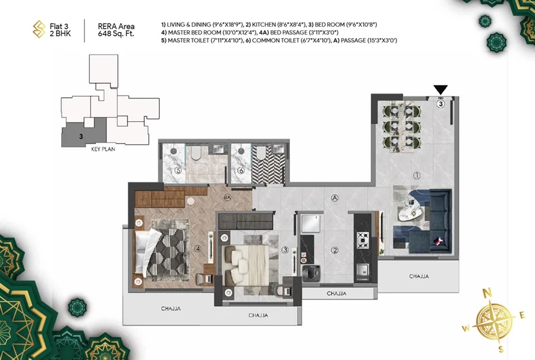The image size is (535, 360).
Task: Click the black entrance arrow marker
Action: tap(440, 90)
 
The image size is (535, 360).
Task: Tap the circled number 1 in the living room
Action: tap(417, 176)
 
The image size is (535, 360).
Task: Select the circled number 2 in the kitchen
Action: tap(335, 251)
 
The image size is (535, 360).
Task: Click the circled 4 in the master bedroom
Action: tap(198, 249)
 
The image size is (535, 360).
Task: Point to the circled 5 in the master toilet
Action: tap(178, 170)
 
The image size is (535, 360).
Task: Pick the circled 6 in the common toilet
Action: tap(241, 170)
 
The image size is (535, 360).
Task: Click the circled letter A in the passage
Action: tap(335, 198)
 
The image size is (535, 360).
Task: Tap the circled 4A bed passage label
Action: tap(228, 197)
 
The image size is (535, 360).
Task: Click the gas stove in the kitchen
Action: tap(363, 240)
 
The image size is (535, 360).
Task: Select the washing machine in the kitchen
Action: tap(311, 273)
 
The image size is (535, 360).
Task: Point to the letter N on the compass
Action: tap(488, 292)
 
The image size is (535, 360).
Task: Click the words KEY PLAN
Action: tap(103, 149)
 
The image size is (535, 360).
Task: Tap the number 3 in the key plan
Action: tap(81, 137)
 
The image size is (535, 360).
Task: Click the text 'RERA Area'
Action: tap(116, 26)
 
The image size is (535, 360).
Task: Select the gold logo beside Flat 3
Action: tap(39, 29)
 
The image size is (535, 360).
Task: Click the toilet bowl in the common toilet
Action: tap(261, 153)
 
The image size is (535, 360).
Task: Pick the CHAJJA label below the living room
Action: tap(418, 276)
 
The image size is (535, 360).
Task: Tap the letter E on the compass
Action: tap(522, 315)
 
